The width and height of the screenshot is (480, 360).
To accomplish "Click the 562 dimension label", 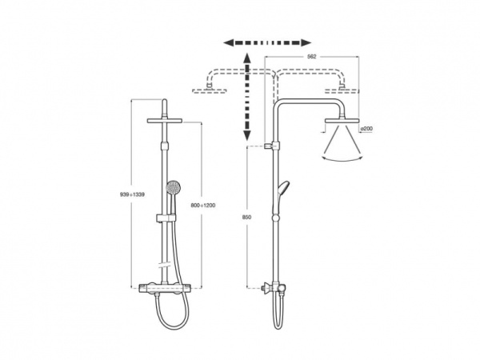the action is point(311,57).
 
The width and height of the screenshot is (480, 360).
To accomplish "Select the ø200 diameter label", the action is point(366,129).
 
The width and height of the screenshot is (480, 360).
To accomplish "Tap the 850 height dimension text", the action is point(246,217).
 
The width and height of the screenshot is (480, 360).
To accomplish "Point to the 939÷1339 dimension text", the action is point(132,194).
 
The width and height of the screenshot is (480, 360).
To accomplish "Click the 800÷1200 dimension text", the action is point(203,206).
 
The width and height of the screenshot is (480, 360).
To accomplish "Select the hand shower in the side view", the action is point(282,196).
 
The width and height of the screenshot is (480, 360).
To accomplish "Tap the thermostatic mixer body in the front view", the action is point(166,288).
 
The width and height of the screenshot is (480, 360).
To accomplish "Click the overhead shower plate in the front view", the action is point(165,121).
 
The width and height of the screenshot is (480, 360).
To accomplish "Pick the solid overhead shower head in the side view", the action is point(342,122).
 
